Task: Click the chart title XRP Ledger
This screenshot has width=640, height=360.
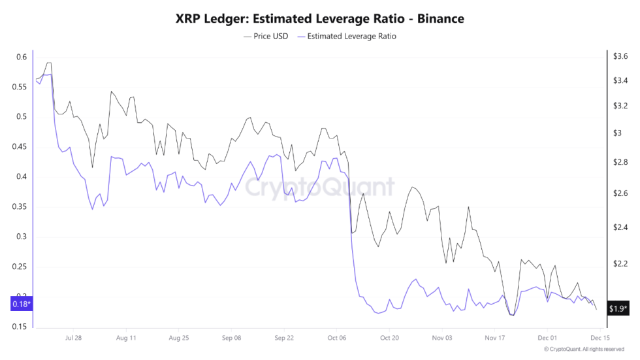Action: click(x=319, y=19)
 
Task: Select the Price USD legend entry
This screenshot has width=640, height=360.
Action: click(x=265, y=37)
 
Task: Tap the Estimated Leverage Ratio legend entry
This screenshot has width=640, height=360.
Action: click(x=346, y=37)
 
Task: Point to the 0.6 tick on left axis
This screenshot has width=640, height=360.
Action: click(x=22, y=57)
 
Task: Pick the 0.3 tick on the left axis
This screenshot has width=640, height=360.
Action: click(x=22, y=237)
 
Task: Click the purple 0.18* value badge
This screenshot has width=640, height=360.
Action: click(x=21, y=304)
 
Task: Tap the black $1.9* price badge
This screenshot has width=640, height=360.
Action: click(x=618, y=308)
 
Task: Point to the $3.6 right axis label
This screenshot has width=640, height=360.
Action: click(x=619, y=57)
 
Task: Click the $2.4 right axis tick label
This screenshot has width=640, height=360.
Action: click(x=619, y=227)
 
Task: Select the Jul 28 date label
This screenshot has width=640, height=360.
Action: click(x=73, y=338)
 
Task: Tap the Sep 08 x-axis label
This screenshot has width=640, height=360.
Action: click(x=231, y=338)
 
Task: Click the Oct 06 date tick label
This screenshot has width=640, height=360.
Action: click(x=336, y=338)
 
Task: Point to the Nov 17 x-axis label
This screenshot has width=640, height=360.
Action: click(x=495, y=338)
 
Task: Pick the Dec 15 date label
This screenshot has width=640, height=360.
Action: click(x=600, y=338)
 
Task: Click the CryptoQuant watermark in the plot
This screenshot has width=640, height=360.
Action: click(x=319, y=188)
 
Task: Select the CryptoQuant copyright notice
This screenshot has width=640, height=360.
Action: click(x=585, y=350)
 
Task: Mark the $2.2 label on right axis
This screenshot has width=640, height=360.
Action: click(x=619, y=263)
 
